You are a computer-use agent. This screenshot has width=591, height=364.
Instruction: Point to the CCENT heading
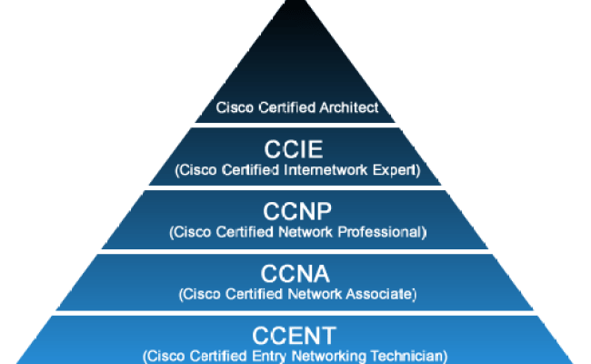click(296, 336)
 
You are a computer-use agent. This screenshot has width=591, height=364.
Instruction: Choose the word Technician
click(410, 356)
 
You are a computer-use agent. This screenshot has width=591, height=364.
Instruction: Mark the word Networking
click(334, 356)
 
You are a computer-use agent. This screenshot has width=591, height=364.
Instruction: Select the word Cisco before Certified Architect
click(233, 107)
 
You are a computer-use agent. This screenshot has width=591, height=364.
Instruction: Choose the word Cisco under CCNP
click(189, 232)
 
